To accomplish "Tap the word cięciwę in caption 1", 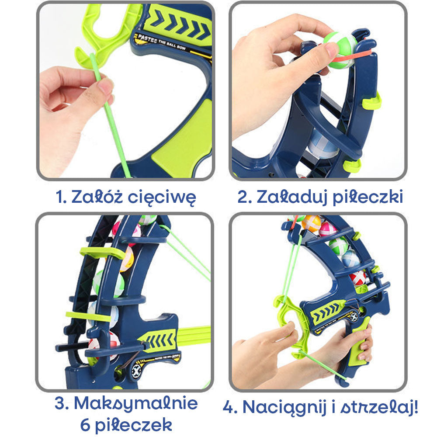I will (162, 198).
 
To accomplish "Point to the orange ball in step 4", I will (311, 223).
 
